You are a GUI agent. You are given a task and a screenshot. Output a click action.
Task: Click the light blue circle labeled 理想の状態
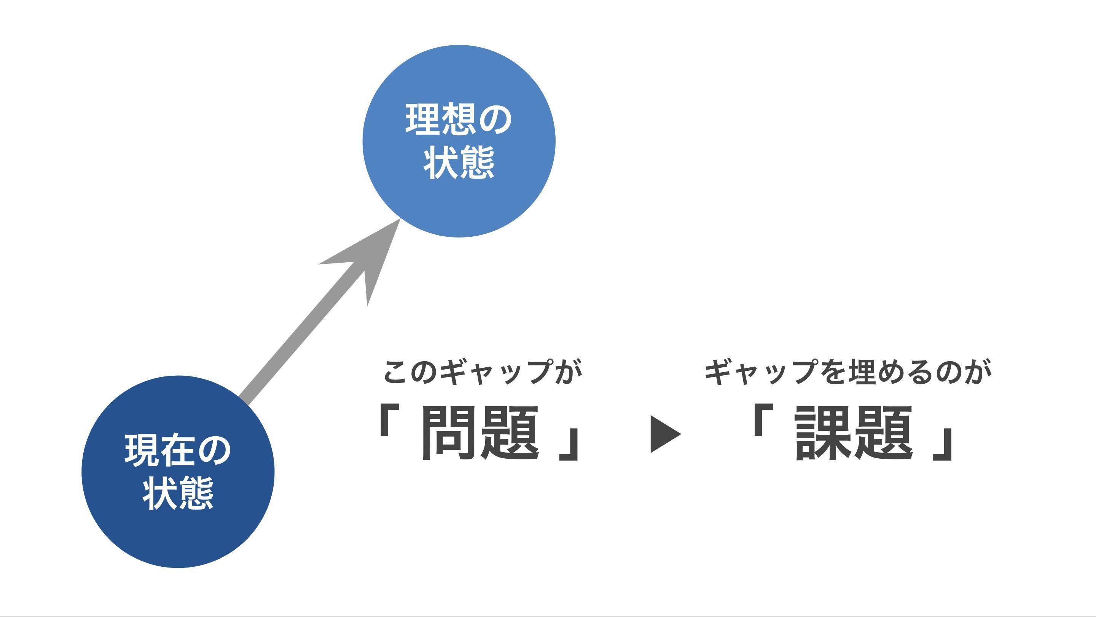tap(459, 85)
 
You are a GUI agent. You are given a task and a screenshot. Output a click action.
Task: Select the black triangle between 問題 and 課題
tap(664, 434)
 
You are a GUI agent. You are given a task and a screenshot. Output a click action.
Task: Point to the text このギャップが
tap(482, 371)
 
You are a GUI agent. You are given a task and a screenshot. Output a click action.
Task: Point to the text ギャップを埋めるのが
tap(848, 371)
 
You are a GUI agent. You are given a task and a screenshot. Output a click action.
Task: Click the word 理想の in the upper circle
tap(459, 120)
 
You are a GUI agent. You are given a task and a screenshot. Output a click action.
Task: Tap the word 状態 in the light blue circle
tap(459, 163)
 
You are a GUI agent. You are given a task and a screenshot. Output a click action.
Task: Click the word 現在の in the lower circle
tap(178, 451)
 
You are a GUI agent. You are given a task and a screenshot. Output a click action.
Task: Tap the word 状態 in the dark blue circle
tap(178, 494)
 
